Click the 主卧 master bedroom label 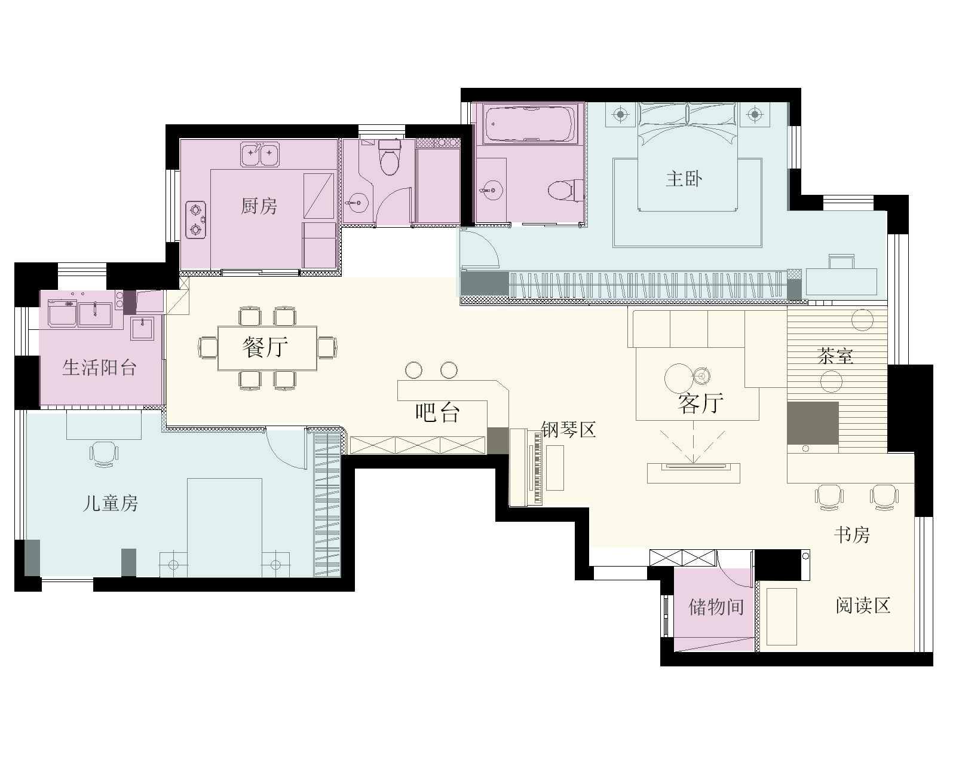click(x=685, y=179)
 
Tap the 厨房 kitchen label click(x=259, y=206)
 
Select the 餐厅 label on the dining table click(x=265, y=347)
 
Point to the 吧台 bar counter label click(x=437, y=412)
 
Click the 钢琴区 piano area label click(x=569, y=429)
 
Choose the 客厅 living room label click(x=700, y=403)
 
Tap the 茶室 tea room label click(x=835, y=356)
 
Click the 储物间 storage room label click(x=716, y=607)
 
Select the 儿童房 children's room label click(x=111, y=503)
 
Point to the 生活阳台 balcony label click(x=100, y=368)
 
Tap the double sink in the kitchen click(x=260, y=154)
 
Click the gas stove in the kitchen click(x=195, y=219)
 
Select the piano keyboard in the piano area click(x=538, y=467)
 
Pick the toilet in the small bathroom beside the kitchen click(x=390, y=157)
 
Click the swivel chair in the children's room click(x=104, y=454)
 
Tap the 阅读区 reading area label click(x=863, y=605)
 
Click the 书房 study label click(x=852, y=534)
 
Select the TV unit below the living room click(x=694, y=473)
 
